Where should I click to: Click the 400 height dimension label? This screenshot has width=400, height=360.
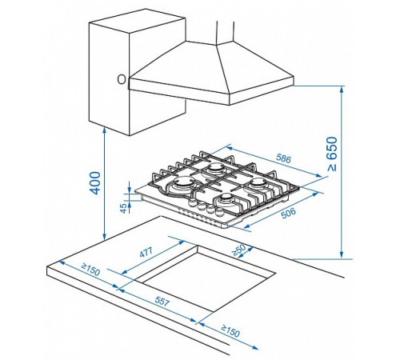tap(95, 183)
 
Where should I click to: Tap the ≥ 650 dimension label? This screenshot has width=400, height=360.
tap(333, 154)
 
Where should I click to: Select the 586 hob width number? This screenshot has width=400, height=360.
tap(283, 158)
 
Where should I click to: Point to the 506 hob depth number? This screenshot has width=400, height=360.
tap(289, 213)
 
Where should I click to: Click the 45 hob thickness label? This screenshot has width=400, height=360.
tap(123, 208)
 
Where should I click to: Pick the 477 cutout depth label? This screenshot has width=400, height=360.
tap(146, 252)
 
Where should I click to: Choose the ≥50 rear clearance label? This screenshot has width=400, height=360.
tap(238, 250)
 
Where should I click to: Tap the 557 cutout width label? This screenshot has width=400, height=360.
tap(162, 302)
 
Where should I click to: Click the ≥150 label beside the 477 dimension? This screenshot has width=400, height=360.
tap(90, 270)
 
